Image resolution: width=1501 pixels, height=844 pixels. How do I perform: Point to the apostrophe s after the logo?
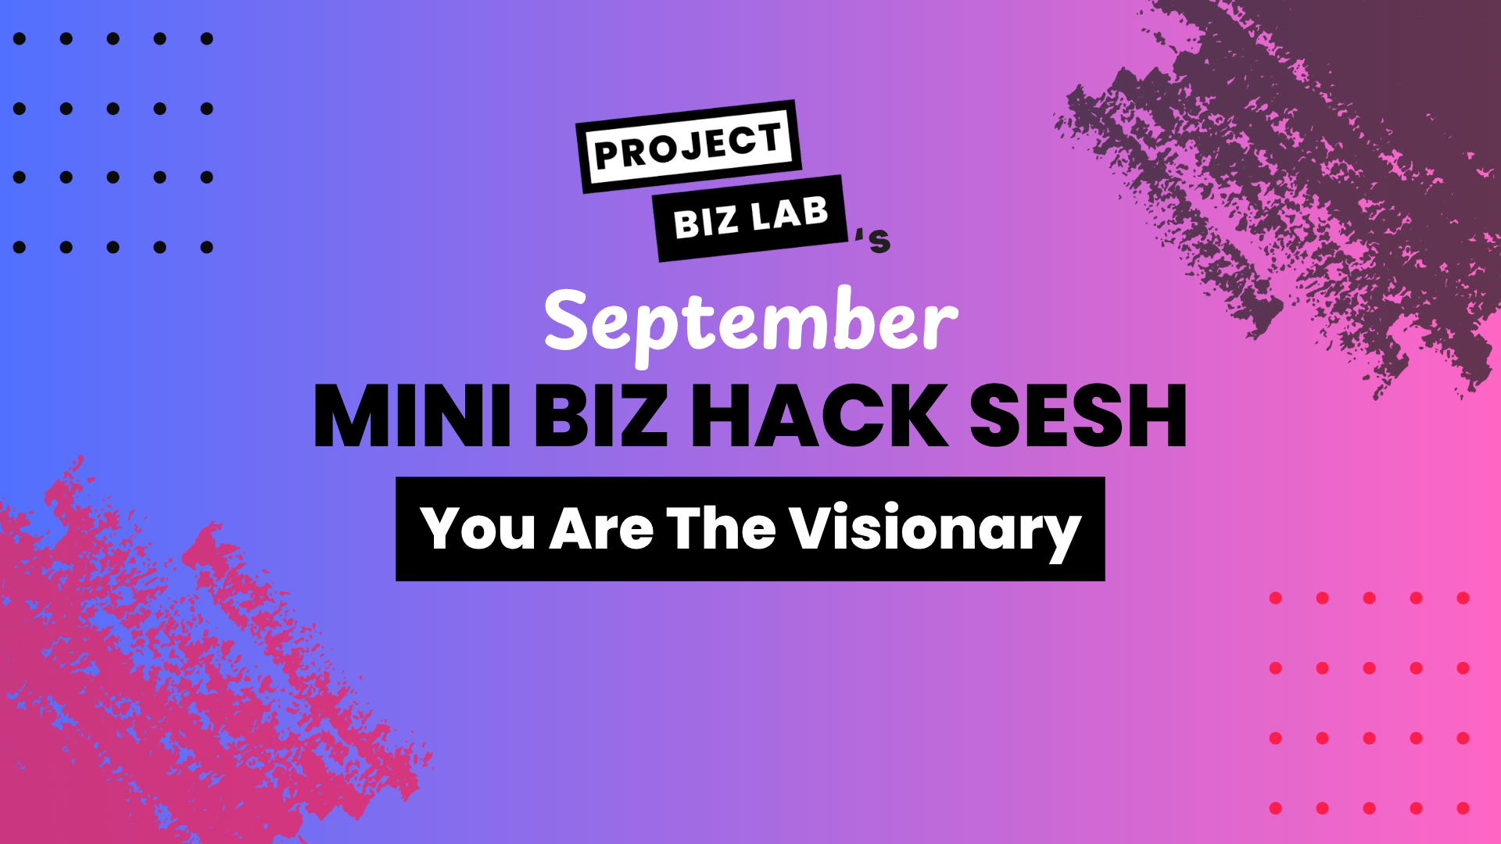873,240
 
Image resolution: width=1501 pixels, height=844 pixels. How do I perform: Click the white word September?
750,324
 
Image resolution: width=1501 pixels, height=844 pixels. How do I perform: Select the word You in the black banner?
478,529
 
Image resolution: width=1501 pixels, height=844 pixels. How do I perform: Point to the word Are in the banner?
602,529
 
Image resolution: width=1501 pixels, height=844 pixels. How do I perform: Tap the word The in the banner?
721,529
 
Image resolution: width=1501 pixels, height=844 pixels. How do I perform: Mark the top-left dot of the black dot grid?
20,38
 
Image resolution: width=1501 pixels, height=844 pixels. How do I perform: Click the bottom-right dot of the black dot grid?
207,248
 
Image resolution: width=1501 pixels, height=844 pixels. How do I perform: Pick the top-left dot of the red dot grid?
1276,598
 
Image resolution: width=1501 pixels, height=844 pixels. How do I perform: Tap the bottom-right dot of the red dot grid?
1463,808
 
